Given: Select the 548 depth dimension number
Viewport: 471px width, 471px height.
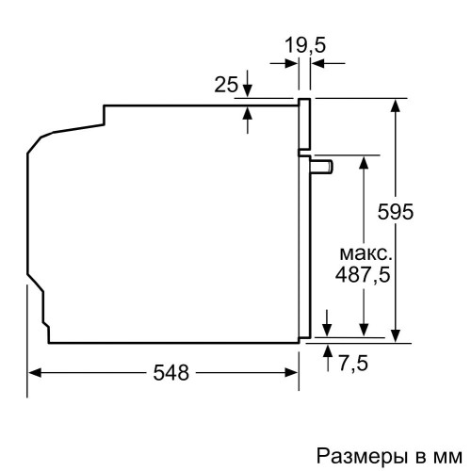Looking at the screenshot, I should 171,372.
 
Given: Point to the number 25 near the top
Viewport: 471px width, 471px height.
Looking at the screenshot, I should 225,86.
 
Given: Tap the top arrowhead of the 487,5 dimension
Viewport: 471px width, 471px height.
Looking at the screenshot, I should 364,161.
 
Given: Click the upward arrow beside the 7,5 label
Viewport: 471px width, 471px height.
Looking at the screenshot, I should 327,351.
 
